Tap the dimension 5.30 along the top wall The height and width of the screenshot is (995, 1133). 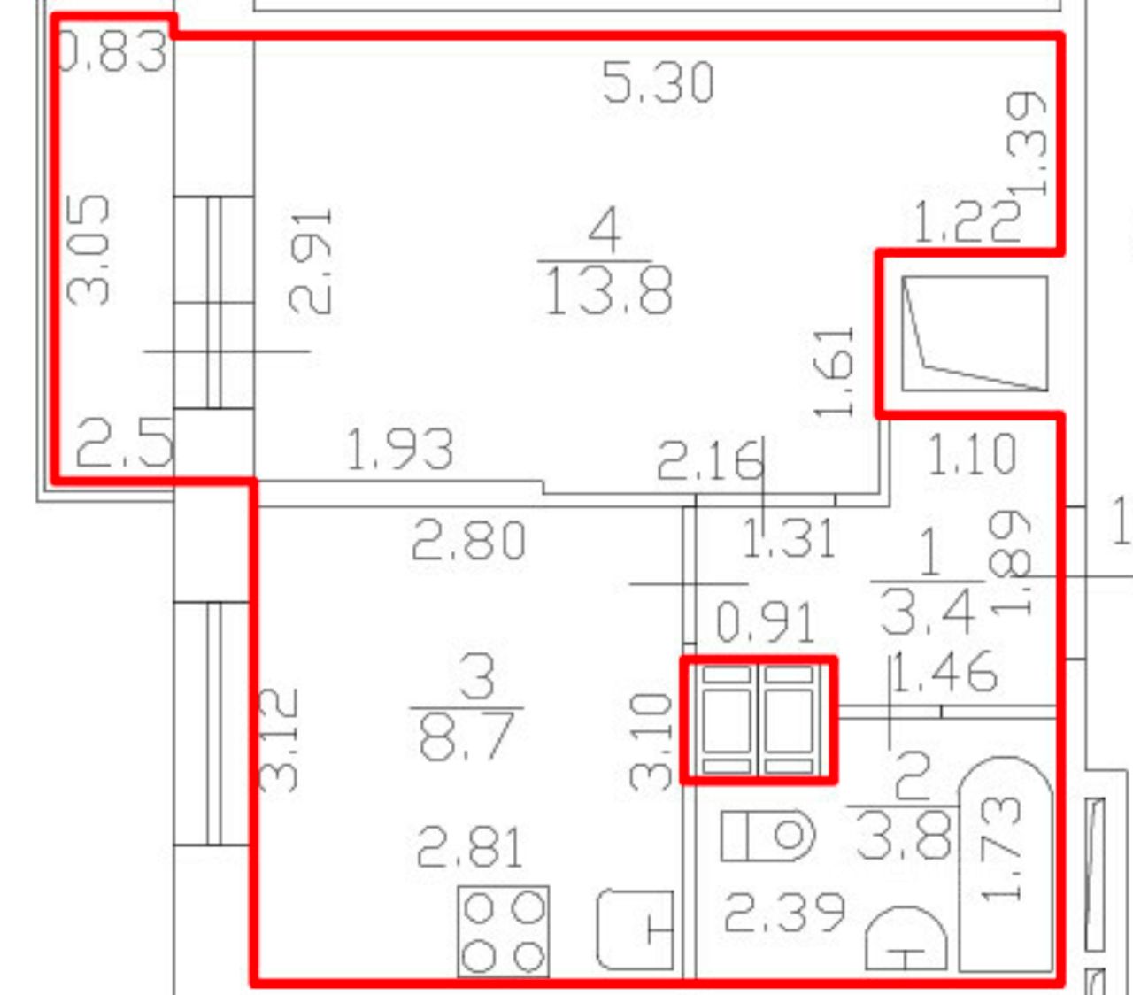point(657,83)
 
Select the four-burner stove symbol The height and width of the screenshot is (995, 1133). point(503,931)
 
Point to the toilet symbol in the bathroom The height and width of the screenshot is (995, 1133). point(767,835)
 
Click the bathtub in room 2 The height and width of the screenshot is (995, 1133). point(1006,863)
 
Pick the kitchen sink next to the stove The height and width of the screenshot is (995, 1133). point(635,929)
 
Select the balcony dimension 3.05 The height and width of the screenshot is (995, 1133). point(91,250)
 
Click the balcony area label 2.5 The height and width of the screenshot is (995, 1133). point(124,444)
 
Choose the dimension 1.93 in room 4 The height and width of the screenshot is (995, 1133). point(400,450)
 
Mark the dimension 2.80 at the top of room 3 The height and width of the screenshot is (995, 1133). point(469,540)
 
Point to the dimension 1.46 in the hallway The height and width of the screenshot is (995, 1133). point(944,673)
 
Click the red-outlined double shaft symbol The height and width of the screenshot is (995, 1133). point(758,720)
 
